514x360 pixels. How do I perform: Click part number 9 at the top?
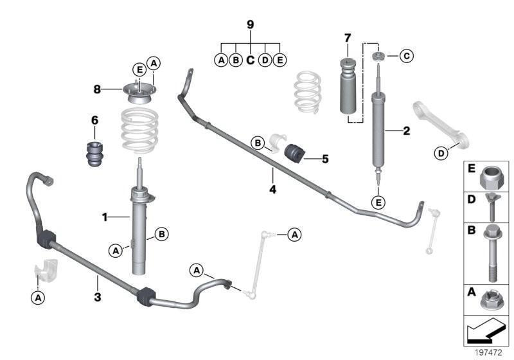[251, 24]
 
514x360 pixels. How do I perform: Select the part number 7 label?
[348, 36]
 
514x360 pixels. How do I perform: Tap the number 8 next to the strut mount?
[97, 90]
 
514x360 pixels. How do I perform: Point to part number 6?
[94, 120]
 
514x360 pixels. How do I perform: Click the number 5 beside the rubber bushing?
[324, 157]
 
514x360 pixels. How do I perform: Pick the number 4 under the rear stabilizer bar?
[272, 190]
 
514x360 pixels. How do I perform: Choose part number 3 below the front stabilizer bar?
[98, 297]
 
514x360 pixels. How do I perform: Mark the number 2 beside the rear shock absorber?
[405, 132]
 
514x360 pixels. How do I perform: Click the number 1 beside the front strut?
[104, 217]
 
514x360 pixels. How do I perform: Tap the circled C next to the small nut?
[405, 57]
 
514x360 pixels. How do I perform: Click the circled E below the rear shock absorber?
[379, 203]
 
